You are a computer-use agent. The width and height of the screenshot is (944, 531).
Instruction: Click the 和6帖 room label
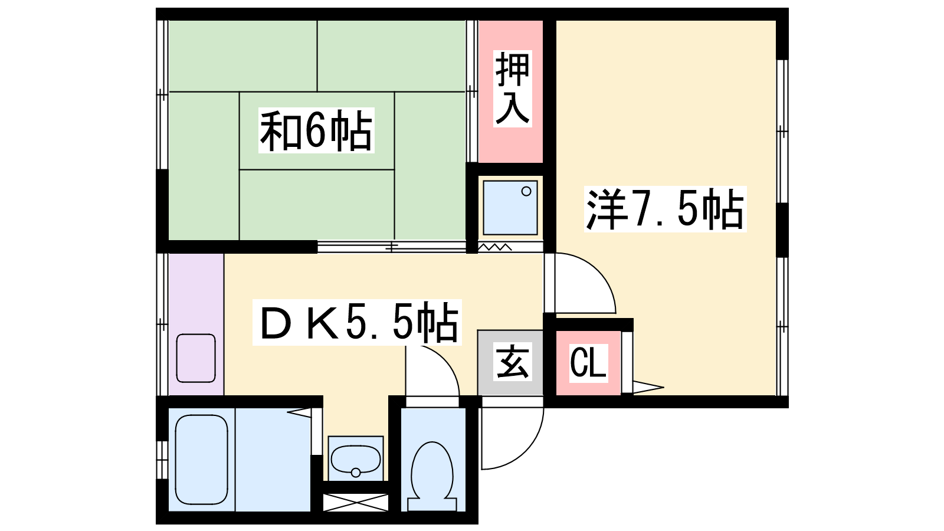(x=316, y=130)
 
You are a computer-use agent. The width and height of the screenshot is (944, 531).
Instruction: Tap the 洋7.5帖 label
(x=665, y=209)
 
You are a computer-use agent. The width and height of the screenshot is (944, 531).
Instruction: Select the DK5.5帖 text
(x=358, y=322)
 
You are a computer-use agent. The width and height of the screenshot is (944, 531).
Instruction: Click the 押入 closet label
(x=513, y=88)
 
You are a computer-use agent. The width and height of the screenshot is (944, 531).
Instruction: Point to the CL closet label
(x=588, y=363)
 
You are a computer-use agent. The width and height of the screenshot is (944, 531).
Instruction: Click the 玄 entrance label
(x=512, y=362)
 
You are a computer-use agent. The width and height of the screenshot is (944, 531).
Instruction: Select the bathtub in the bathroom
(x=201, y=460)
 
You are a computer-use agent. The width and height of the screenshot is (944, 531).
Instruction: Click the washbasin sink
(x=356, y=460)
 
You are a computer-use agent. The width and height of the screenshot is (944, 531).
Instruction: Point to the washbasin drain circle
(x=356, y=473)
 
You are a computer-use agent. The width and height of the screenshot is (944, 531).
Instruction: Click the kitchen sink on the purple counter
(x=196, y=358)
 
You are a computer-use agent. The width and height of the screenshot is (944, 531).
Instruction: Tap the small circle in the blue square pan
(x=526, y=191)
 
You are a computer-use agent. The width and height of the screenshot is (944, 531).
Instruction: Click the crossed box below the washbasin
(x=356, y=503)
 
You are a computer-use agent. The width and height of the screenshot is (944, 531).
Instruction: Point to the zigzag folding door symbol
(x=495, y=247)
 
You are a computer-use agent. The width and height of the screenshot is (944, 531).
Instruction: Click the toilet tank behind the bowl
(x=432, y=504)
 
